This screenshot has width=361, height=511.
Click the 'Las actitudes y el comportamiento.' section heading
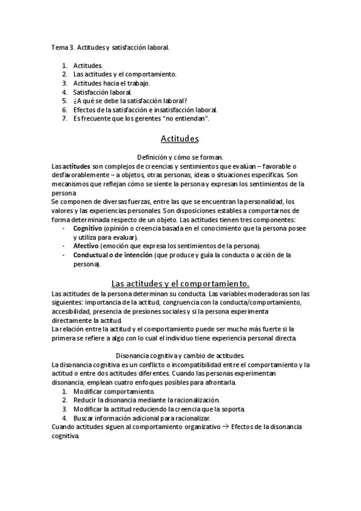(180, 283)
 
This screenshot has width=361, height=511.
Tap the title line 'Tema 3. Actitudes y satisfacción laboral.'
(111, 46)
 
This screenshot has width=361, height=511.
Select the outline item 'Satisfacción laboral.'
(102, 92)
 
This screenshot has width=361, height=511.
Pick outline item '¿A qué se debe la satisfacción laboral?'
(130, 101)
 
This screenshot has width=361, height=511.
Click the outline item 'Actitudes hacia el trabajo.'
(111, 83)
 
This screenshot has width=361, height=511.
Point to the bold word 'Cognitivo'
(87, 229)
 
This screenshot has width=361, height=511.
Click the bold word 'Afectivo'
(86, 246)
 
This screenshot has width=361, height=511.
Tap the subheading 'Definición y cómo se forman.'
(180, 157)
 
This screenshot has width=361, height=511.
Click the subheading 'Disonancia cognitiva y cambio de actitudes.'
(180, 356)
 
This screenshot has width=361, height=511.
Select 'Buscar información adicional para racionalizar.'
(142, 418)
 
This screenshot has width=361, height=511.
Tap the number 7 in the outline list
(64, 119)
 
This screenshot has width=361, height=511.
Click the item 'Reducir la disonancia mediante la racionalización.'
(146, 400)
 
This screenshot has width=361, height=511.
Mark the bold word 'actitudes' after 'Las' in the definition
(77, 166)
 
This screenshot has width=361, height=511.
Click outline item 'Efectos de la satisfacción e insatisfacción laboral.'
(145, 110)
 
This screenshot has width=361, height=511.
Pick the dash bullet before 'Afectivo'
(64, 246)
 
